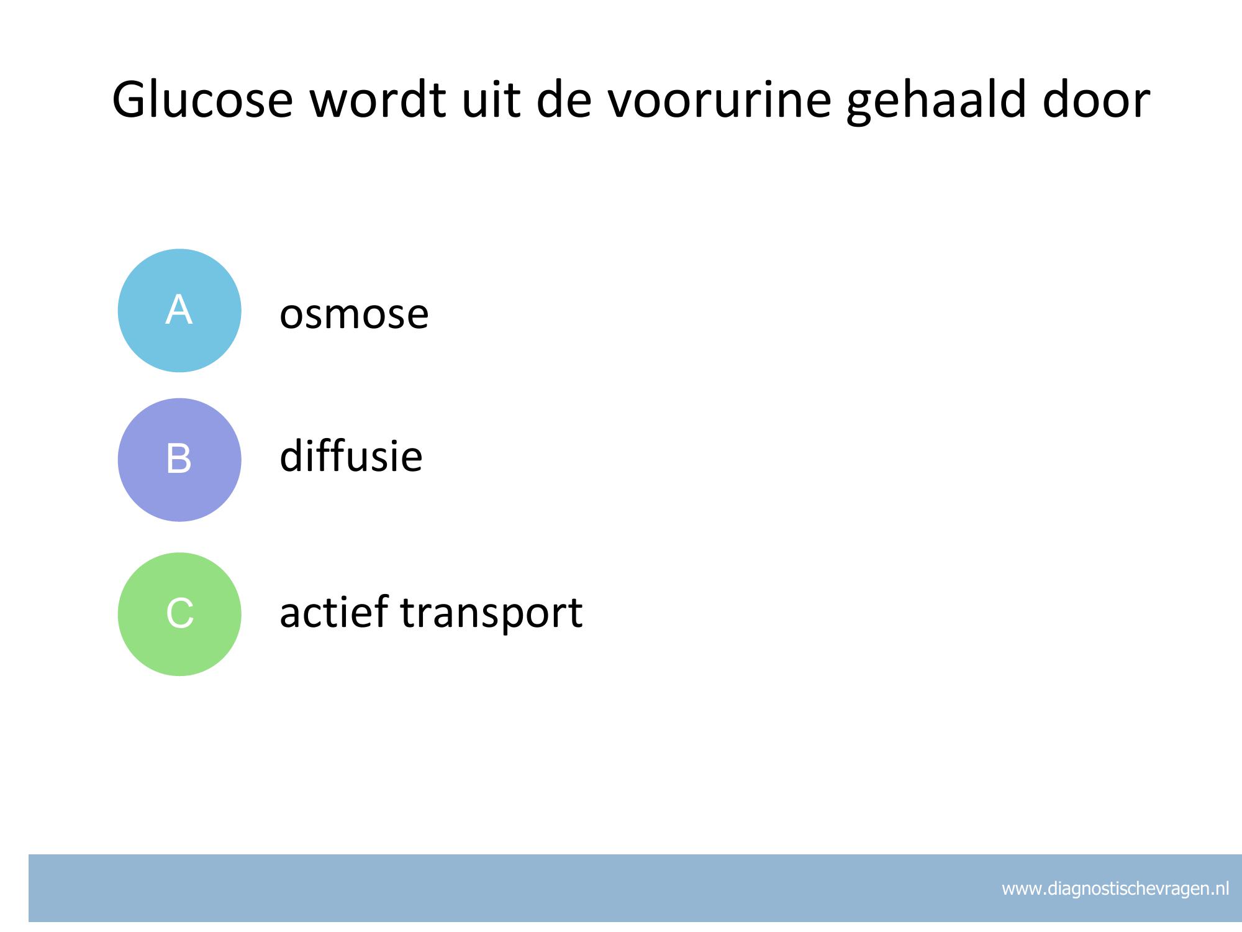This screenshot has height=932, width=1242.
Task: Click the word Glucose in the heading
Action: pyautogui.click(x=202, y=100)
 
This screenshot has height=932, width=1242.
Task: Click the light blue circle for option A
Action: pyautogui.click(x=179, y=311)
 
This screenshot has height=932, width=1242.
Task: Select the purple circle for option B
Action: pyautogui.click(x=179, y=460)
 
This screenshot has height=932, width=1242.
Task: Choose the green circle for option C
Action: pyautogui.click(x=179, y=614)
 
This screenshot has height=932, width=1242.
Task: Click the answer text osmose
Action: pyautogui.click(x=354, y=314)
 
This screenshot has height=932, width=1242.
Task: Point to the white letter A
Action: pyautogui.click(x=179, y=309)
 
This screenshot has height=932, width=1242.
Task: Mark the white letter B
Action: pyautogui.click(x=179, y=459)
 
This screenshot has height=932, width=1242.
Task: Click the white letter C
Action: pyautogui.click(x=180, y=613)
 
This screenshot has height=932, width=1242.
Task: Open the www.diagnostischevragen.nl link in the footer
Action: pyautogui.click(x=1115, y=889)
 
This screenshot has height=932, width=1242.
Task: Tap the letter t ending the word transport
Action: pyautogui.click(x=574, y=613)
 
